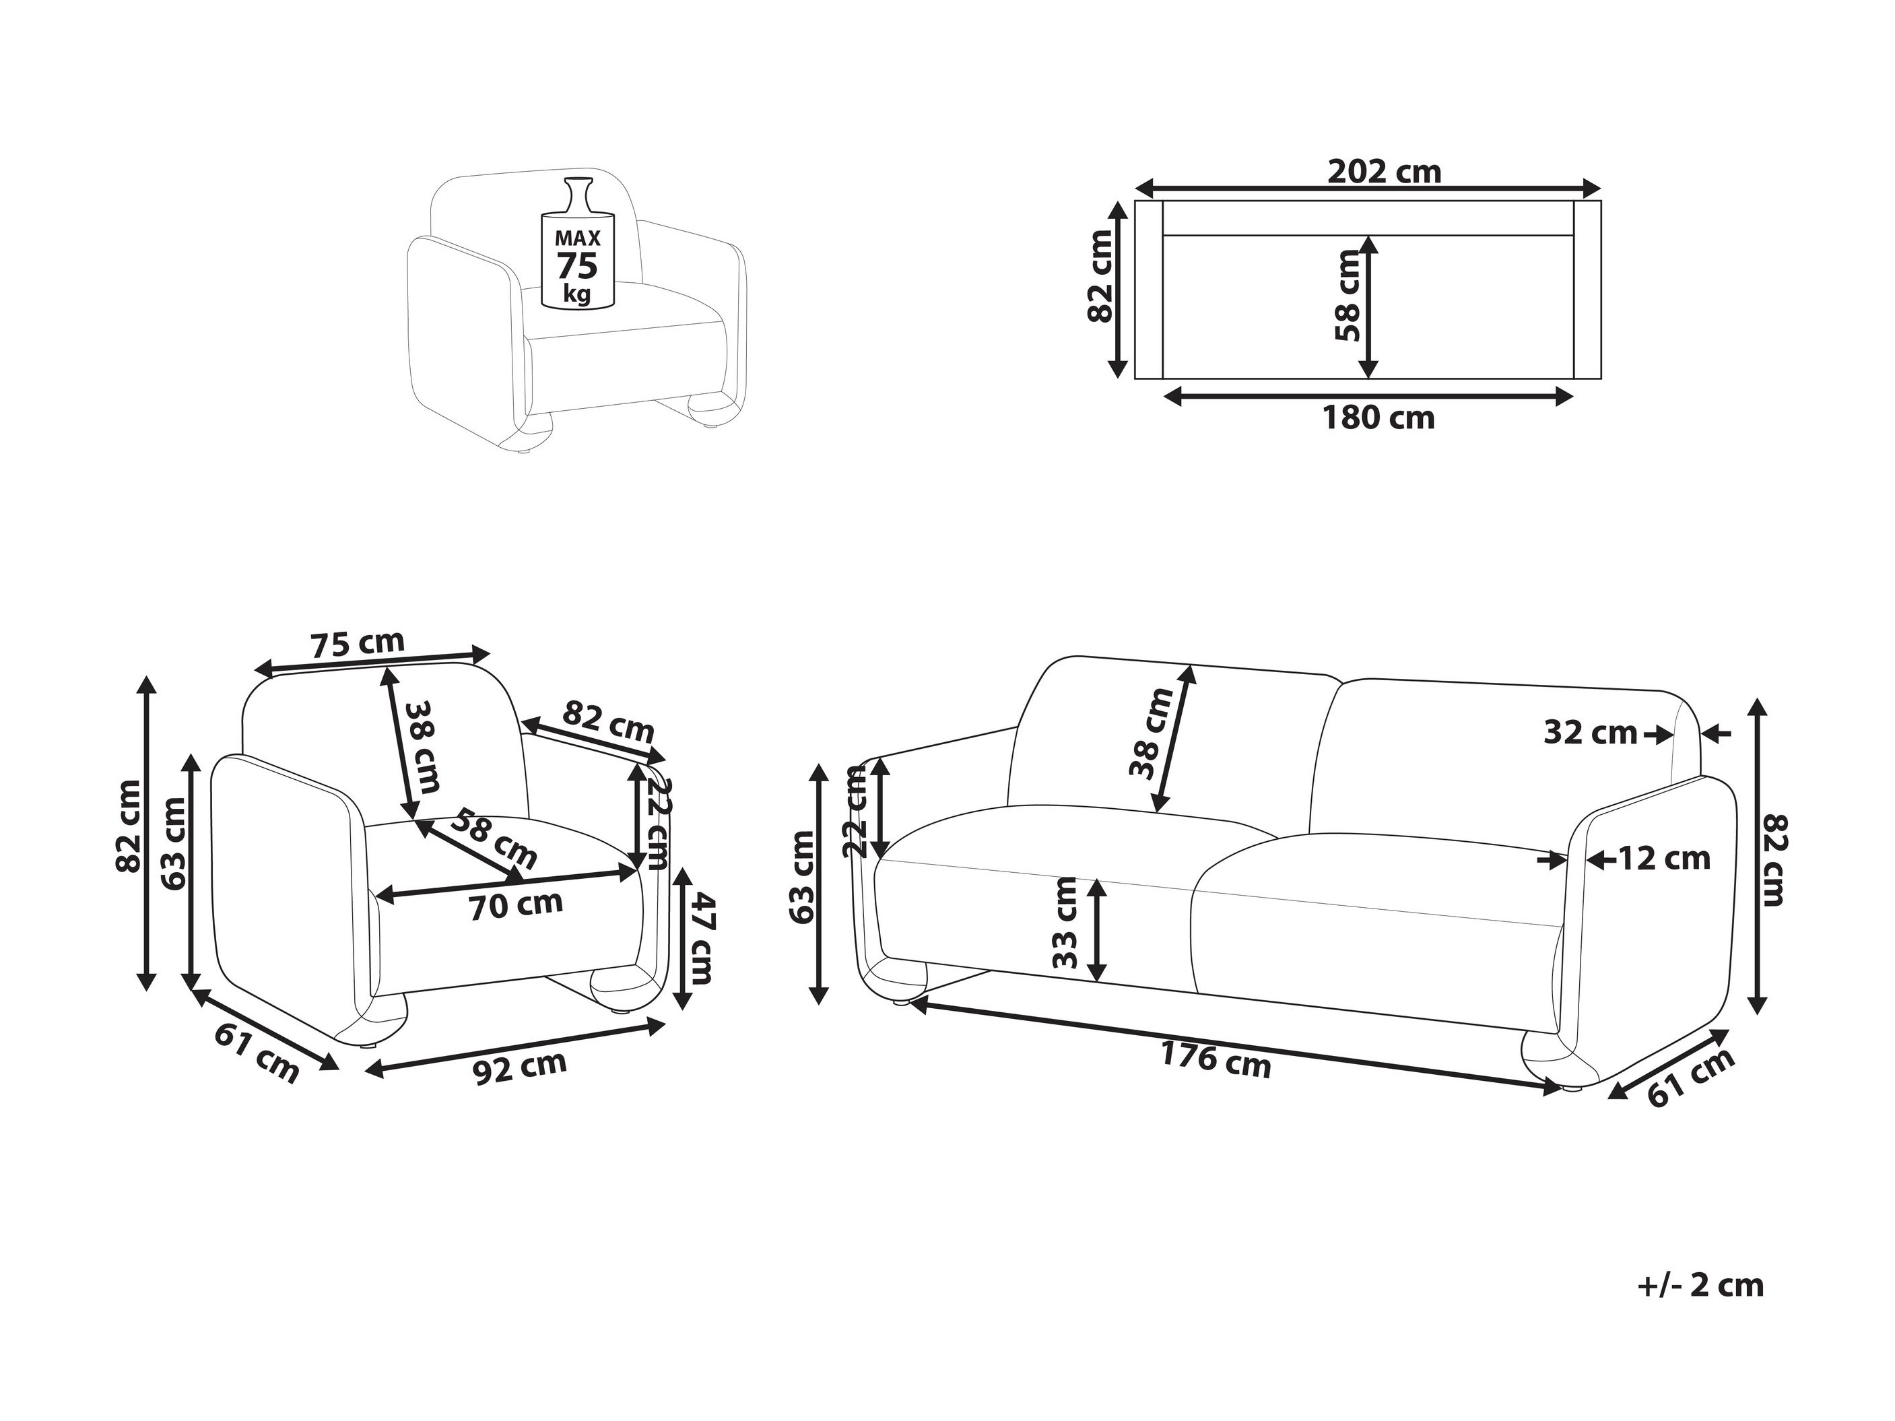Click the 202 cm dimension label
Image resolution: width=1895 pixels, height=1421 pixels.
tap(1385, 172)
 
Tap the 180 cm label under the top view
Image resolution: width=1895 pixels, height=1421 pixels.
tap(1378, 418)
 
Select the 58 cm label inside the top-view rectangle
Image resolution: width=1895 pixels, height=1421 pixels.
tap(1348, 296)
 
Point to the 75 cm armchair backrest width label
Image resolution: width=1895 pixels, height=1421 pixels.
tap(356, 643)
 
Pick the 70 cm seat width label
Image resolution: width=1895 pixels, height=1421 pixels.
tap(516, 905)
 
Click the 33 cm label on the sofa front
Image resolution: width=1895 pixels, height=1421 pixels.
tap(1065, 923)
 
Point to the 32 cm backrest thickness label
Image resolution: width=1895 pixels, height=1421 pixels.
tap(1591, 732)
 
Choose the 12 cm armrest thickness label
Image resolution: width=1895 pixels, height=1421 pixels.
tap(1664, 858)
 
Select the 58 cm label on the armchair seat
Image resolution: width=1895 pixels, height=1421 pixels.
tap(494, 838)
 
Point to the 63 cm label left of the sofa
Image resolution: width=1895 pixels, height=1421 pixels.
tap(803, 877)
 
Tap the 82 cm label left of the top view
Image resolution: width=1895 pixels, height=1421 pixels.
tap(1099, 277)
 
